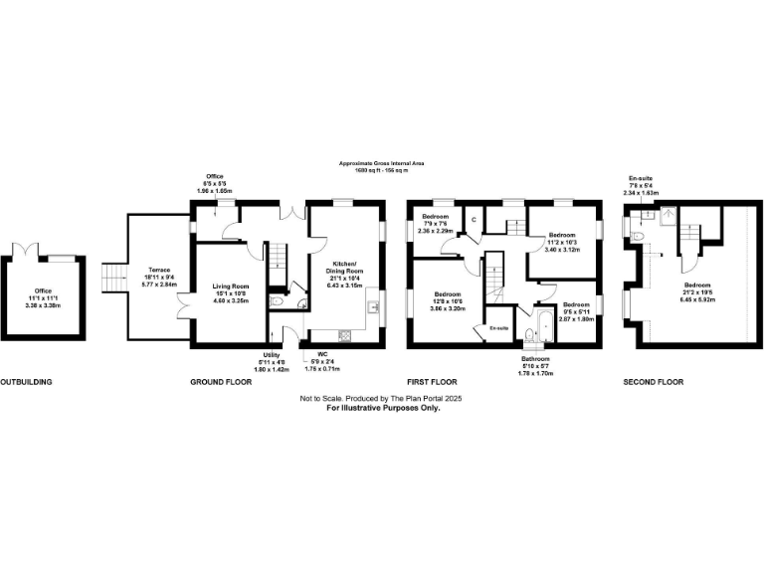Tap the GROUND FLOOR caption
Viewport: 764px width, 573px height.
(222, 382)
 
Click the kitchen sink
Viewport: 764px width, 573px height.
(371, 306)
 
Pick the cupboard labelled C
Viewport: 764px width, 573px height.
(474, 220)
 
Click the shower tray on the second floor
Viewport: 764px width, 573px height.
(663, 211)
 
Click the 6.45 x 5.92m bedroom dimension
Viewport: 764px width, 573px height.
(690, 296)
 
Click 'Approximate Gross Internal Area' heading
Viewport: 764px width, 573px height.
(382, 165)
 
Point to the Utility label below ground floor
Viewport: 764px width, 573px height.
(272, 354)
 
